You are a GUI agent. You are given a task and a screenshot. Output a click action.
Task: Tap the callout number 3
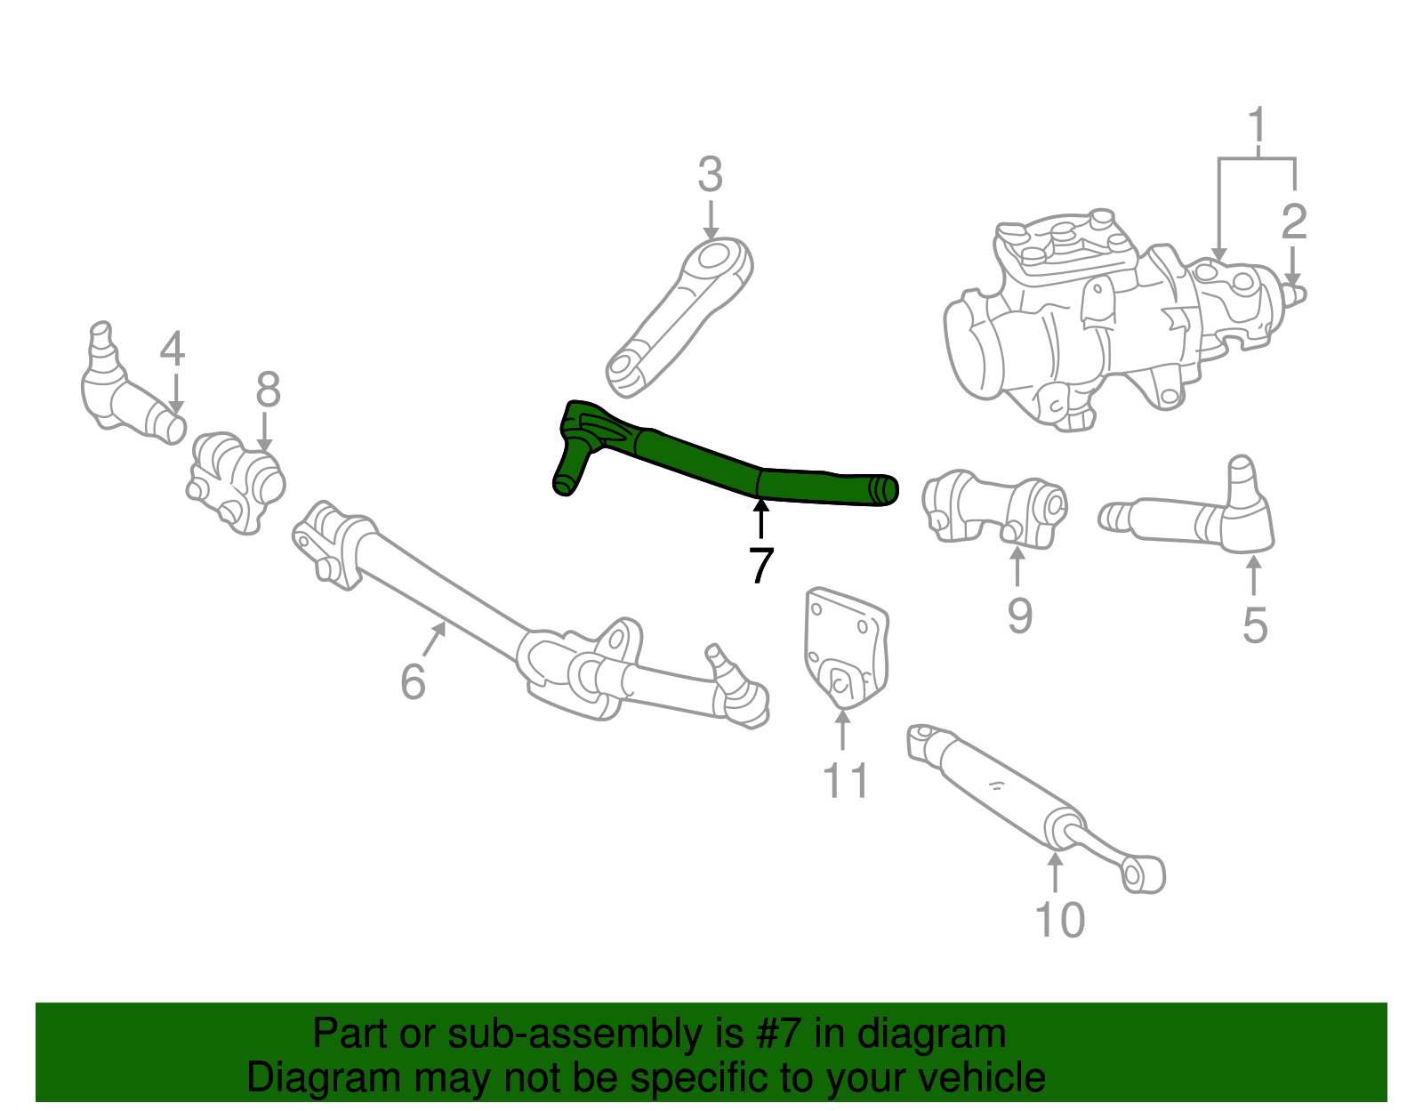(710, 175)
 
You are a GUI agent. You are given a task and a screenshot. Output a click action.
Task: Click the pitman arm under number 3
(680, 316)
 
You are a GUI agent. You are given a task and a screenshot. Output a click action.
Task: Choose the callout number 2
(1294, 221)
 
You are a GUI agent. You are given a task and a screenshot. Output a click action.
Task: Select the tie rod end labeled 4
(125, 391)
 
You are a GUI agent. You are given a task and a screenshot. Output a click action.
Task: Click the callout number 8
(268, 390)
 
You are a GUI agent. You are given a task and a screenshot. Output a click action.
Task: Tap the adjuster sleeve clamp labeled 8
(236, 480)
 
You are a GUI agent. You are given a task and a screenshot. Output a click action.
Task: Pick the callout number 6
(413, 682)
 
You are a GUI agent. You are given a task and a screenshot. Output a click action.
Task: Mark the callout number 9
(1019, 615)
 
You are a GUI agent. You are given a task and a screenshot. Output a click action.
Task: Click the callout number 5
(1254, 625)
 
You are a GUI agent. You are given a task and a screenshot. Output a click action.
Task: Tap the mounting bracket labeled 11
(845, 649)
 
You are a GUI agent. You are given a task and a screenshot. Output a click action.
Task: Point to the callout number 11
(845, 781)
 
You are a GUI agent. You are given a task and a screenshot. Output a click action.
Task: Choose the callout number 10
(1060, 920)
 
